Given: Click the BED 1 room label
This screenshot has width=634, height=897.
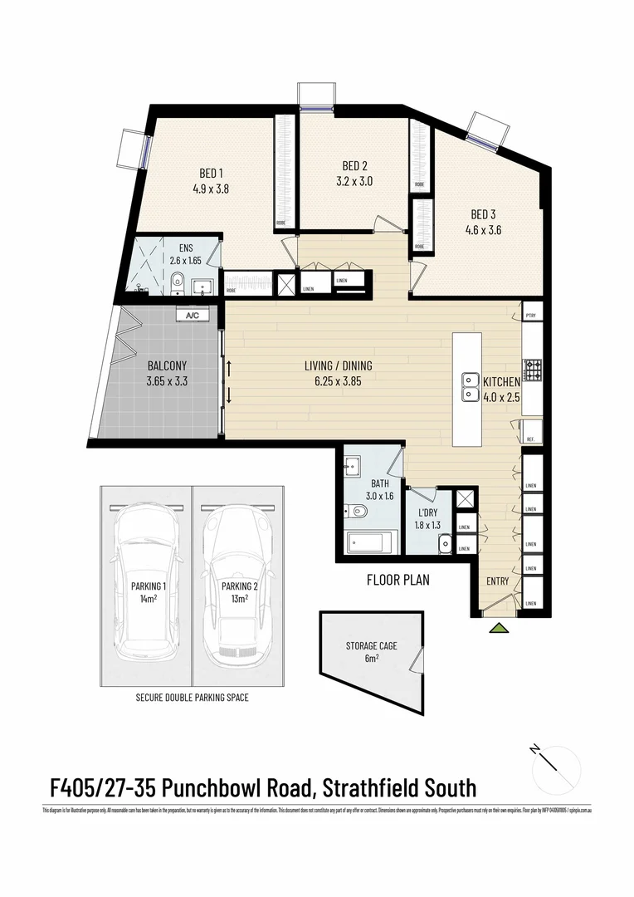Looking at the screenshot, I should tap(211, 173).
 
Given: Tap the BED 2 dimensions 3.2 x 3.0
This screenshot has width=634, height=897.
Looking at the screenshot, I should tap(354, 181).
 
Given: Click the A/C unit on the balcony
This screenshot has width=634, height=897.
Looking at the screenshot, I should tap(193, 316).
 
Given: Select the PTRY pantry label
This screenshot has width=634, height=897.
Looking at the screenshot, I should tap(530, 316).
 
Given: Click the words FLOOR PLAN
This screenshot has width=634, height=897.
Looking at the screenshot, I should tap(398, 581).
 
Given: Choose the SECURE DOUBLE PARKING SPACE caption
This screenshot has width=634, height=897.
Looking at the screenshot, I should tap(192, 698).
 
